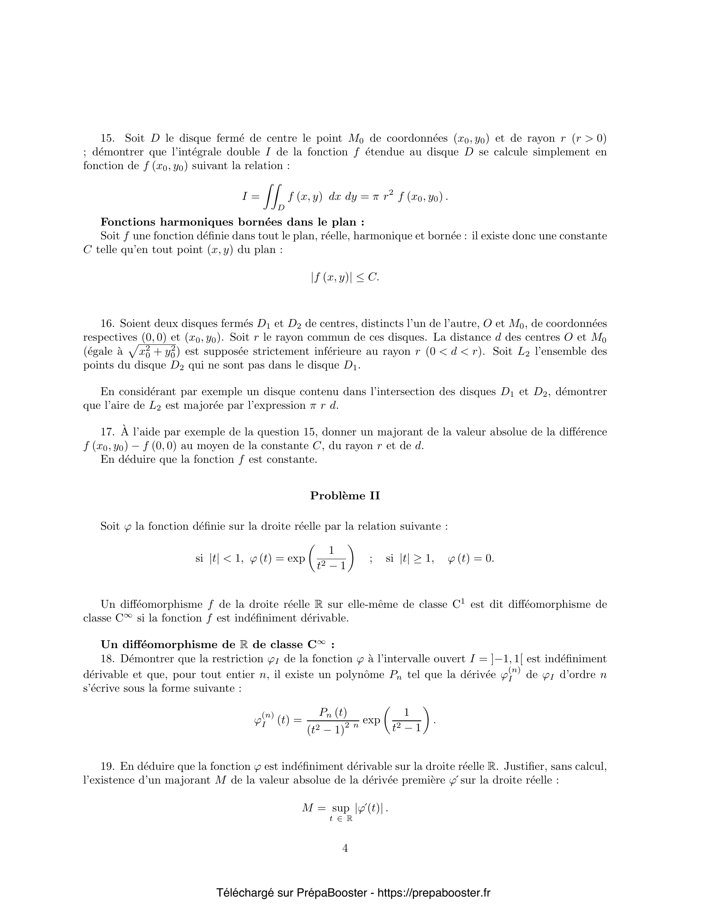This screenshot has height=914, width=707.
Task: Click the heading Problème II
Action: pyautogui.click(x=345, y=496)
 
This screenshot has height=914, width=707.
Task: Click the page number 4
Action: pyautogui.click(x=345, y=848)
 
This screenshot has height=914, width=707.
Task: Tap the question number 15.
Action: pyautogui.click(x=108, y=138)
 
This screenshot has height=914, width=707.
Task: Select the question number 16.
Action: pyautogui.click(x=107, y=324)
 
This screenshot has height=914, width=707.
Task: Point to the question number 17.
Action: pyautogui.click(x=107, y=432)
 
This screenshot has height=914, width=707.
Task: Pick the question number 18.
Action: pyautogui.click(x=107, y=659)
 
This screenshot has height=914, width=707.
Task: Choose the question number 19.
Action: pyautogui.click(x=107, y=766)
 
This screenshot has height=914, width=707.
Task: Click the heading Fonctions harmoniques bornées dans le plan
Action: pyautogui.click(x=232, y=222)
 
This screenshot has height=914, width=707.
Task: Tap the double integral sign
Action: pyautogui.click(x=273, y=197)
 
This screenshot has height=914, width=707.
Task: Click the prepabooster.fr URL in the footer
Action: pyautogui.click(x=434, y=893)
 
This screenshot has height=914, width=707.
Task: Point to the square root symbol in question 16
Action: pyautogui.click(x=134, y=352)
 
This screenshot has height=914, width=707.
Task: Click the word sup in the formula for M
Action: pyautogui.click(x=341, y=808)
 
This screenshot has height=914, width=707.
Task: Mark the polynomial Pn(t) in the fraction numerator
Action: pyautogui.click(x=333, y=712)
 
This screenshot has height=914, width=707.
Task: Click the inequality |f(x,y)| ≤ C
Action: pyautogui.click(x=345, y=277)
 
